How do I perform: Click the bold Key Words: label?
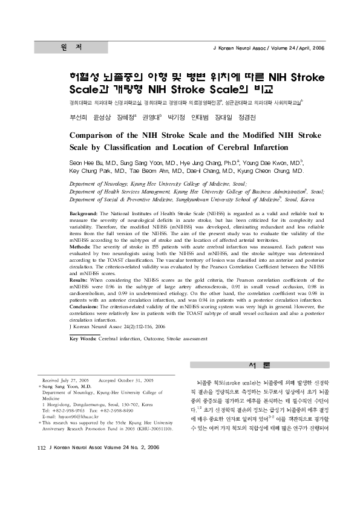tap(83, 339)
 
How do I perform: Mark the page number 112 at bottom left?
tap(42, 464)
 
